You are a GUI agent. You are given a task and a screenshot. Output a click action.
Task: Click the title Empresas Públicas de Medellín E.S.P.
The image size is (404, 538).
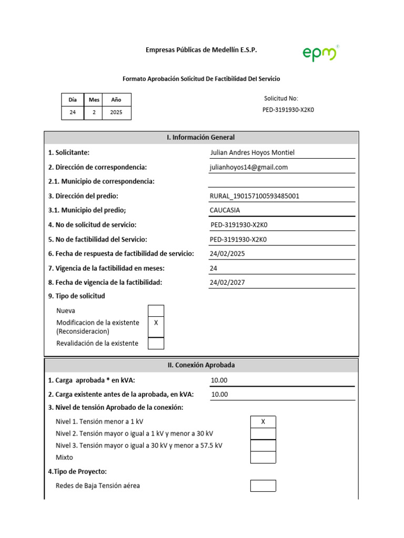pyautogui.click(x=201, y=50)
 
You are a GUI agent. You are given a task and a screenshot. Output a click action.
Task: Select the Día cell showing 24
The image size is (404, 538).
pyautogui.click(x=73, y=112)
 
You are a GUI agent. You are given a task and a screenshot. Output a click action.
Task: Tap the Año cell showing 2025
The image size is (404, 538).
pyautogui.click(x=116, y=112)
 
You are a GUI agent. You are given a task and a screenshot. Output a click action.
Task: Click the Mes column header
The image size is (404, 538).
pyautogui.click(x=94, y=99)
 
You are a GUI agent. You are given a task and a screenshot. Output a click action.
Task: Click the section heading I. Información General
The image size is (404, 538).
pyautogui.click(x=201, y=138)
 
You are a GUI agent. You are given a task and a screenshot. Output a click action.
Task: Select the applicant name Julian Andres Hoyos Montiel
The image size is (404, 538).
pyautogui.click(x=252, y=152)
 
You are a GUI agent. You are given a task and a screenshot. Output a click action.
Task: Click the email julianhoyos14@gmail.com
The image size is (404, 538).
pyautogui.click(x=249, y=167)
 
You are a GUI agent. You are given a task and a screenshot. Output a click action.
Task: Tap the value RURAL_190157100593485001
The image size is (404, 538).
pyautogui.click(x=255, y=196)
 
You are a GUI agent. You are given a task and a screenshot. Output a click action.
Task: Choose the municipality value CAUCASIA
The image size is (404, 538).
pyautogui.click(x=225, y=210)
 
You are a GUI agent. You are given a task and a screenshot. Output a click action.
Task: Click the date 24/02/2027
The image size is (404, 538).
pyautogui.click(x=227, y=282)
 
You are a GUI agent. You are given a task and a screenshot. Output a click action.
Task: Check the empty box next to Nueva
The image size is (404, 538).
pyautogui.click(x=156, y=311)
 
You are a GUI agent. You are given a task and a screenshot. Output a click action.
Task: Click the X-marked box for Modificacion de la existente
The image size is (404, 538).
pyautogui.click(x=156, y=323)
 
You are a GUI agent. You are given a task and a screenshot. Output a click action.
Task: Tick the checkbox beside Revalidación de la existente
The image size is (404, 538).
pyautogui.click(x=156, y=343)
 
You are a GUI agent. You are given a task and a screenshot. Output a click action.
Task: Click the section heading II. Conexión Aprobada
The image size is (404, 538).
pyautogui.click(x=201, y=365)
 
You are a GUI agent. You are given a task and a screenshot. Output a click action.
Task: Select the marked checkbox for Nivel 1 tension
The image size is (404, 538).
pyautogui.click(x=263, y=422)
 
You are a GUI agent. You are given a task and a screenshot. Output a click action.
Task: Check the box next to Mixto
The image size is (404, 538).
pyautogui.click(x=263, y=457)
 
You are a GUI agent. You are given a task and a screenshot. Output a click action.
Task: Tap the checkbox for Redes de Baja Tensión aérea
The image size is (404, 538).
pyautogui.click(x=263, y=485)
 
